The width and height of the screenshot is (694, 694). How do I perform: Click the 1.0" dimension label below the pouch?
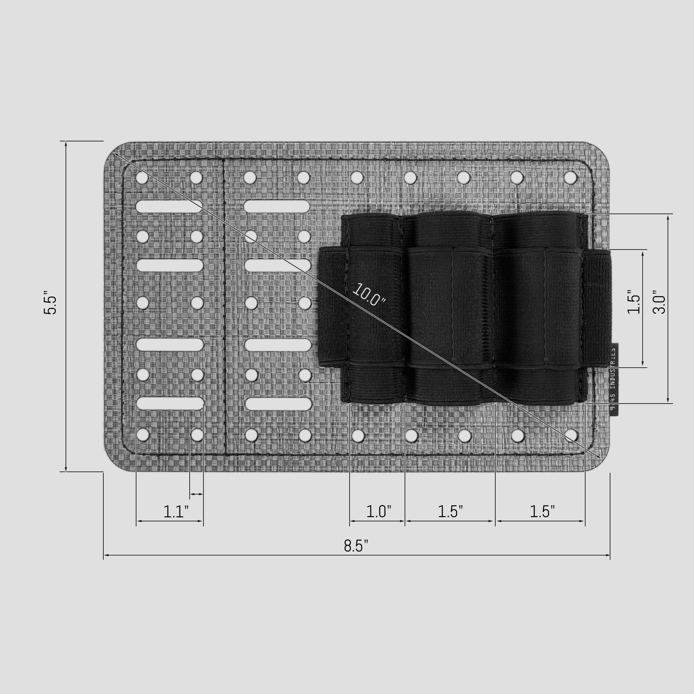378,511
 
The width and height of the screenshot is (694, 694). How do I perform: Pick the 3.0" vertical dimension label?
659,302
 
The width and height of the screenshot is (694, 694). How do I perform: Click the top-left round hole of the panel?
142,177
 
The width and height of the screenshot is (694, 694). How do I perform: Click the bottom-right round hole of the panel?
571,435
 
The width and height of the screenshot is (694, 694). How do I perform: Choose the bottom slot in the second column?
278,404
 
